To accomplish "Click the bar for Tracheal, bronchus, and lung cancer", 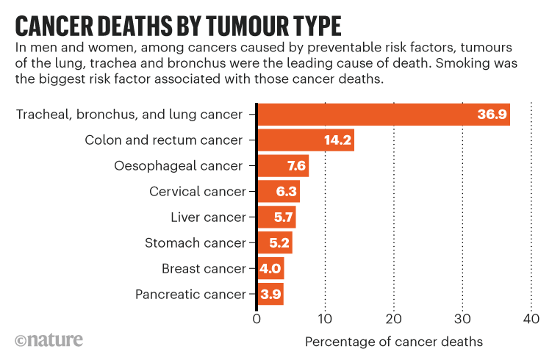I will (382, 115).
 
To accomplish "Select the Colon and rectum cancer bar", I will (305, 140).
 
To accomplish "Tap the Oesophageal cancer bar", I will (282, 166).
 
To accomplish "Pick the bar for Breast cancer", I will (270, 268).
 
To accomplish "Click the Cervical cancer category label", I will (197, 192).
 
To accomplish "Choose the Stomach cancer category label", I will (195, 242).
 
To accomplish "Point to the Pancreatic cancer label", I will (190, 294).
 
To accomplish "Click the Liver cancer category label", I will (208, 217).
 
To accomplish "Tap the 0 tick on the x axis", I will (257, 319).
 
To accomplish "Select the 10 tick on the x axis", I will (325, 319).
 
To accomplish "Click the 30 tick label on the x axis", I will (462, 319).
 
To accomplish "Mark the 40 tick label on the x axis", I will (531, 319).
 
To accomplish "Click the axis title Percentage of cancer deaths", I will (393, 342).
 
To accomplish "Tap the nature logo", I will (49, 340).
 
